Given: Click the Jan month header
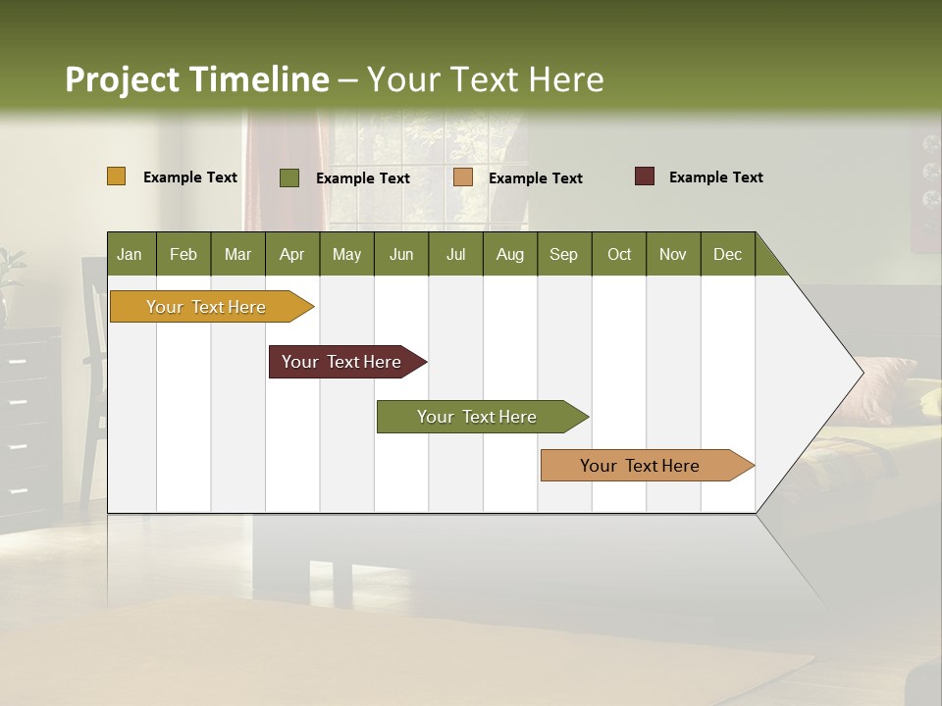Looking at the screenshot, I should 130,254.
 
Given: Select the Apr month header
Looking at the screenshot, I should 292,254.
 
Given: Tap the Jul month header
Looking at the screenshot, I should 455,254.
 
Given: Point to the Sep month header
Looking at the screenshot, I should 563,254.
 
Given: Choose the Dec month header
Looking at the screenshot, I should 727,254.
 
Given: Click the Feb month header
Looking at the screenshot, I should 183,254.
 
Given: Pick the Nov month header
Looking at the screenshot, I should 673,254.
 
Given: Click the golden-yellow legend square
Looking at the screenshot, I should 117,176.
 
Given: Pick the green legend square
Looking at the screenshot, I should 289,177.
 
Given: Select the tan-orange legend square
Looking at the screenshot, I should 463,177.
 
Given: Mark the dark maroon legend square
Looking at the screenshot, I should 644,176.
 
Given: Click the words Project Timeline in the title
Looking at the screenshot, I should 197,79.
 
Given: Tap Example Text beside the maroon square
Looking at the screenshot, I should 715,177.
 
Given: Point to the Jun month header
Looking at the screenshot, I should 401,254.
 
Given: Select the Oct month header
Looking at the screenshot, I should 619,254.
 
